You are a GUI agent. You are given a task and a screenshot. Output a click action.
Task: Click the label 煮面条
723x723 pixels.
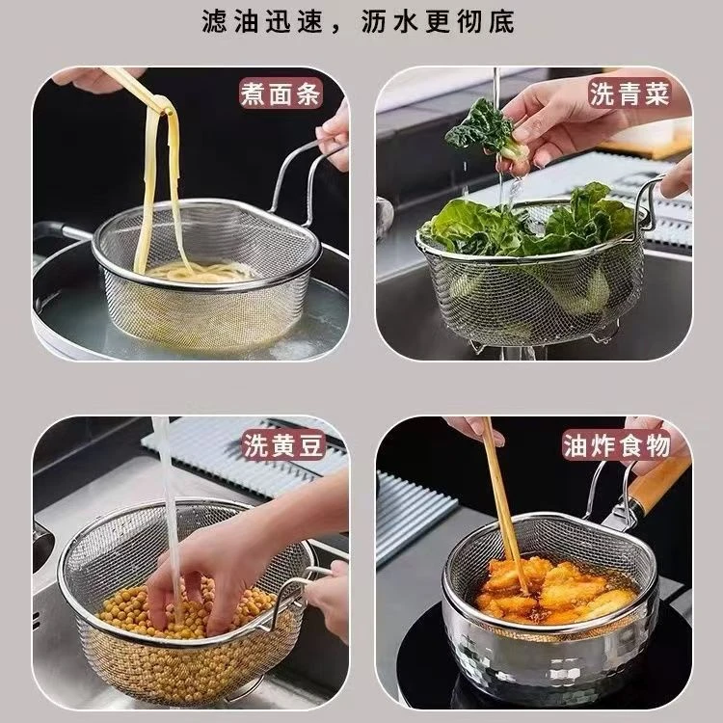tap(280, 94)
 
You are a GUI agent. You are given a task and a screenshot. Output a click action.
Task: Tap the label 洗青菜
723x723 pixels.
tap(628, 94)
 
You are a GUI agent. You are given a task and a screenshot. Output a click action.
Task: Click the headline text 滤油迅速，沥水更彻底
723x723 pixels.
tap(360, 21)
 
